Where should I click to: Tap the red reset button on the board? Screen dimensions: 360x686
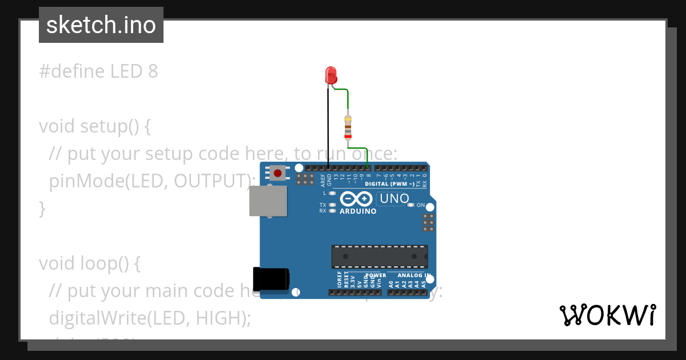pos(278,173)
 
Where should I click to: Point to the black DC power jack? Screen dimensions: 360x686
pos(271,279)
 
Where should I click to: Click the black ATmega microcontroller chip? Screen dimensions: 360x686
pos(380,257)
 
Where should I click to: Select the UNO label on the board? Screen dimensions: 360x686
pos(394,199)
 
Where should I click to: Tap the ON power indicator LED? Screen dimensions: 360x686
pos(410,205)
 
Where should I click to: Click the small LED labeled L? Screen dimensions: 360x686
pos(332,193)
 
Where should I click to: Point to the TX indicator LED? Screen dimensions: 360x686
pos(332,205)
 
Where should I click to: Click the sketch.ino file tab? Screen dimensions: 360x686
pos(101,25)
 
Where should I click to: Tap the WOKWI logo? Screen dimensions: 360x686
pos(607,315)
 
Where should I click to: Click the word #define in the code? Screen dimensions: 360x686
pos(72,71)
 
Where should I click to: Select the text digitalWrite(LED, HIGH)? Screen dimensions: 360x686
pos(150,318)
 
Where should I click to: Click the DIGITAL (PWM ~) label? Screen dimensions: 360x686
pos(389,184)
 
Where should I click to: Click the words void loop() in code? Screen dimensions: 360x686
pos(89,263)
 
